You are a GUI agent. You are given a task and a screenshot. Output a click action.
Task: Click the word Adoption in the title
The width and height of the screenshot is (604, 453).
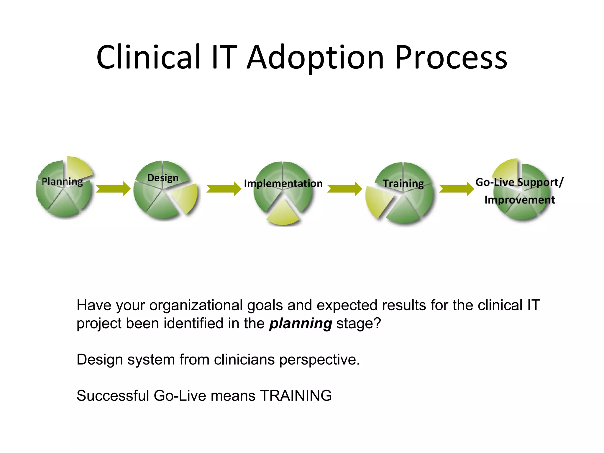pyautogui.click(x=316, y=58)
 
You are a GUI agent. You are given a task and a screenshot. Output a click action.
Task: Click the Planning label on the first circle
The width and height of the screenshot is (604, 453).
pyautogui.click(x=62, y=181)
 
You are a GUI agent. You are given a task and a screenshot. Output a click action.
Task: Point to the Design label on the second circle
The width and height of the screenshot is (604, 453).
pyautogui.click(x=163, y=178)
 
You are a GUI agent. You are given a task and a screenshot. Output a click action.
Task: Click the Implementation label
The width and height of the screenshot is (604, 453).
pyautogui.click(x=283, y=183)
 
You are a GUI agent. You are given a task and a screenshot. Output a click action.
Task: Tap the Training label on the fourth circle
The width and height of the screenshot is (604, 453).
pyautogui.click(x=403, y=183)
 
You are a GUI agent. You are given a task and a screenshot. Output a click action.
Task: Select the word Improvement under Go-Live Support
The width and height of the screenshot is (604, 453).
pyautogui.click(x=520, y=200)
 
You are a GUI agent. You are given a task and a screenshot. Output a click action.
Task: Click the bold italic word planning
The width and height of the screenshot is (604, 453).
pyautogui.click(x=301, y=324)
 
